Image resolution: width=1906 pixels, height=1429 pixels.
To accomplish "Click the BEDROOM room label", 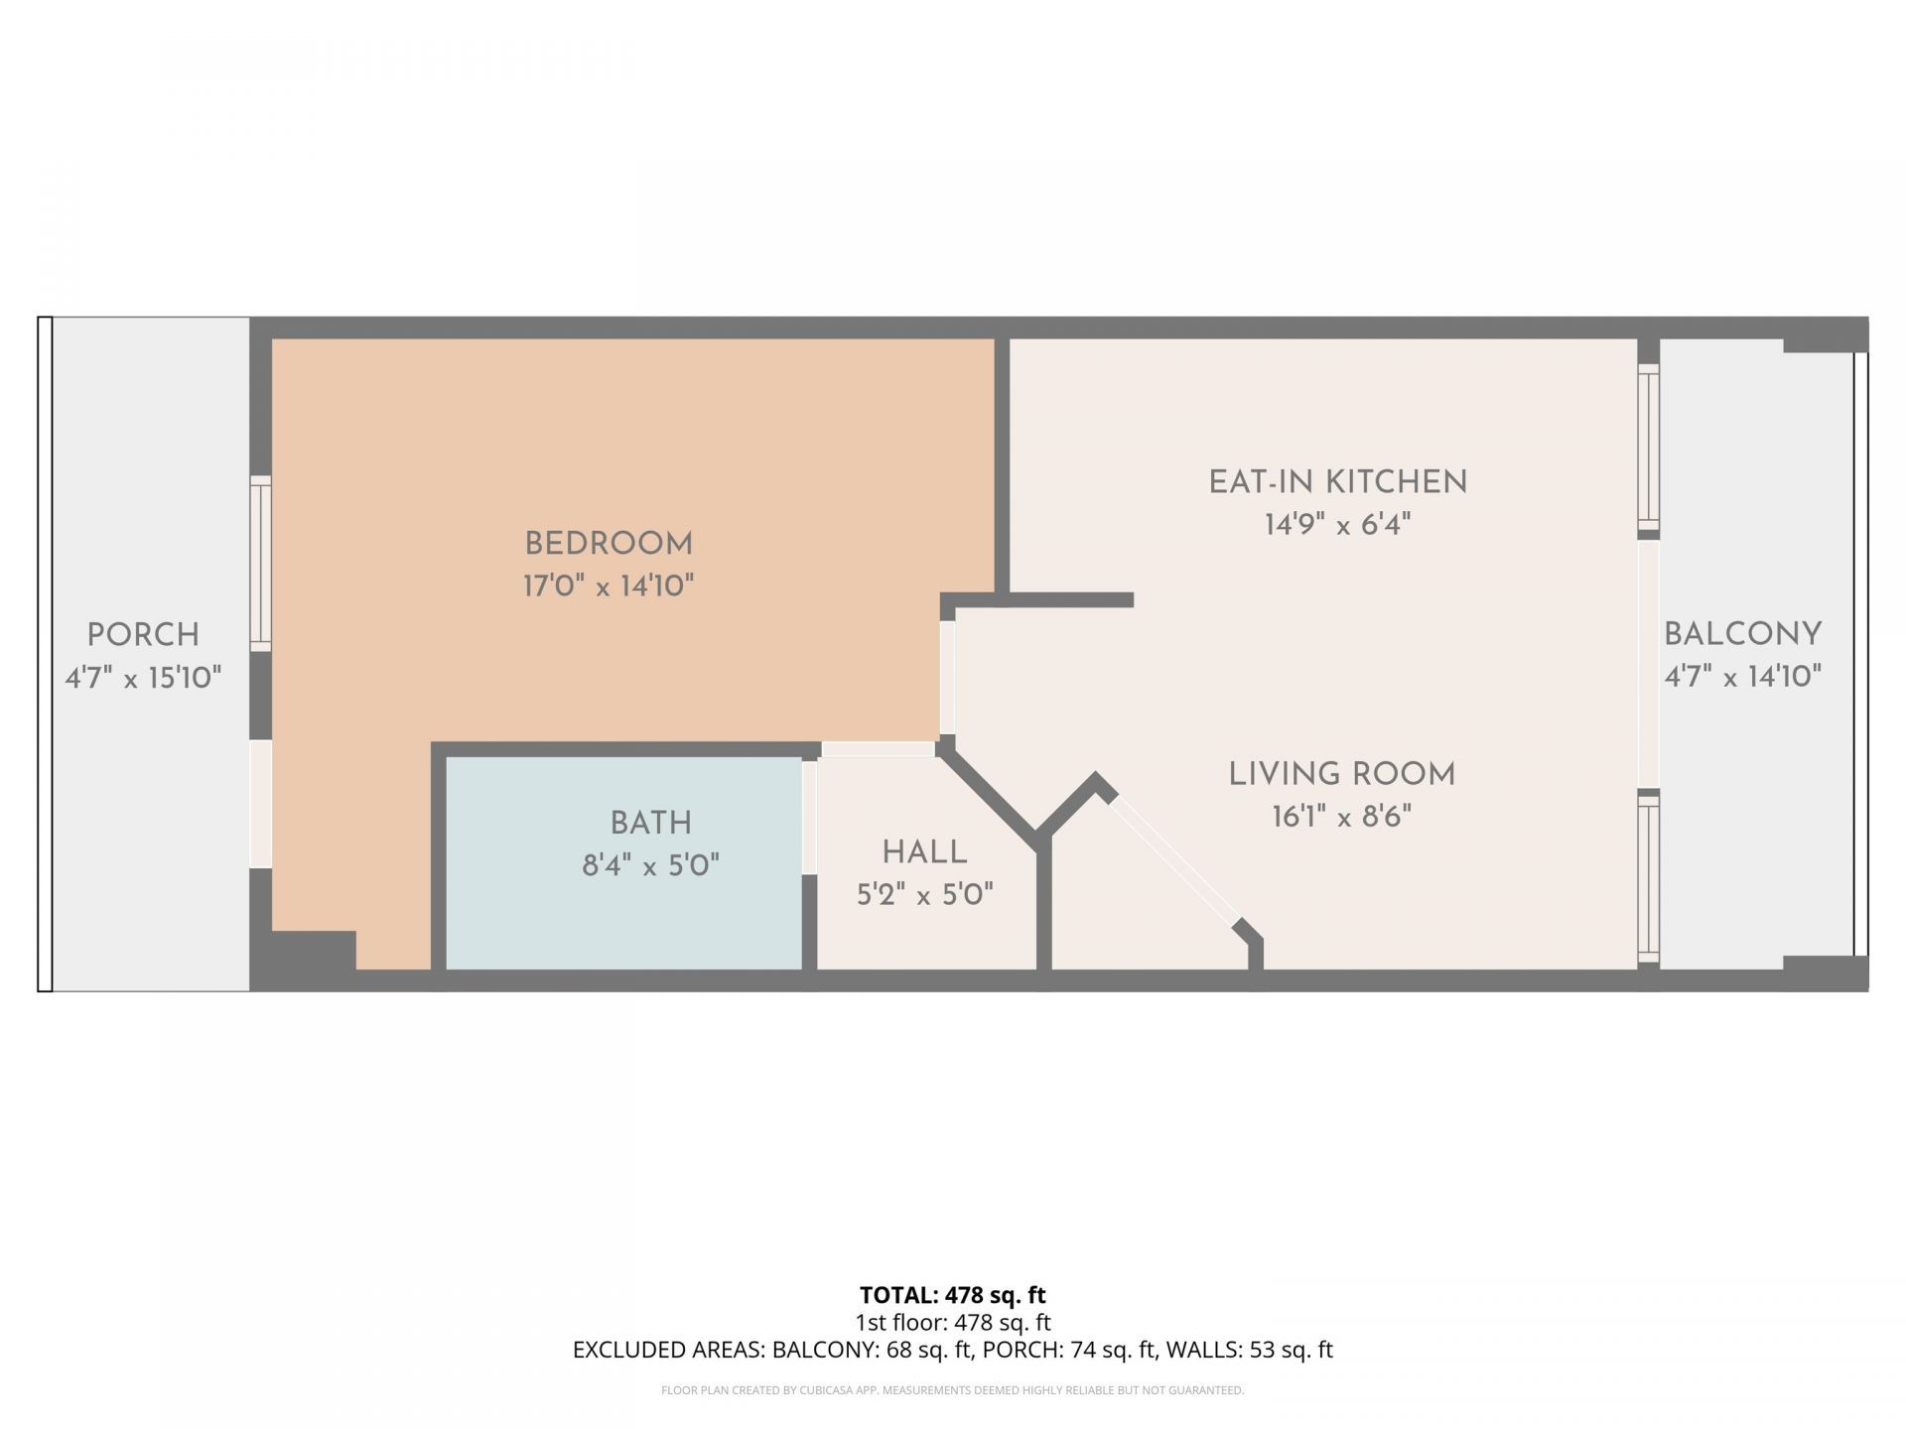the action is [x=609, y=544].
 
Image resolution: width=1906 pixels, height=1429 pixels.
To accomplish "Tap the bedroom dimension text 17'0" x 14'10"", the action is [x=609, y=585].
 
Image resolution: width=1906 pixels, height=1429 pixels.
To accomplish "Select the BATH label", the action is [x=651, y=823].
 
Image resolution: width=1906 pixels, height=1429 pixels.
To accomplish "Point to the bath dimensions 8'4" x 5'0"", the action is [x=651, y=865].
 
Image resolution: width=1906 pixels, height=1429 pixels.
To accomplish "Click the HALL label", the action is [x=925, y=852].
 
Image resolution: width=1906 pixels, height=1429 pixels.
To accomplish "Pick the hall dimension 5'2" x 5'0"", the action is [x=925, y=895].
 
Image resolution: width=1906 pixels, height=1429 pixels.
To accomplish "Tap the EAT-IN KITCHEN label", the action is [x=1338, y=482].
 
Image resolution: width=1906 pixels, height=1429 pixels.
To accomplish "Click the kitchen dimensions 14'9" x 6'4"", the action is [x=1338, y=524].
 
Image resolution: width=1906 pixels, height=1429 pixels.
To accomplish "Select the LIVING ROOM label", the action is [x=1342, y=774].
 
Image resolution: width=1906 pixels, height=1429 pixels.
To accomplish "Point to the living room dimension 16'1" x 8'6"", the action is [x=1342, y=817].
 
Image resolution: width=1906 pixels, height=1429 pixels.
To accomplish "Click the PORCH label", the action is [x=143, y=635].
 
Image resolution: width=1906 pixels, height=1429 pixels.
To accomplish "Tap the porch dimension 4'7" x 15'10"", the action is [x=143, y=678].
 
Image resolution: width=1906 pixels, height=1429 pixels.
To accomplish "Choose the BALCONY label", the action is [x=1743, y=634].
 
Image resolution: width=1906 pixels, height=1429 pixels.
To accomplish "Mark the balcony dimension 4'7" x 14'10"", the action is [x=1743, y=677].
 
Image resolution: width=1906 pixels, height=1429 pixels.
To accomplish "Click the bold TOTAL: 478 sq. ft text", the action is [x=953, y=1295].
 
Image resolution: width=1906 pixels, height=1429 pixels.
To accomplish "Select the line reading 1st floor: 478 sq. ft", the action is [x=953, y=1322].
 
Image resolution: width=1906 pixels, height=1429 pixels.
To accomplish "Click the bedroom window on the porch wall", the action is [x=260, y=564].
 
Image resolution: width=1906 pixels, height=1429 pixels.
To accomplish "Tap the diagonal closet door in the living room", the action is [x=1175, y=859].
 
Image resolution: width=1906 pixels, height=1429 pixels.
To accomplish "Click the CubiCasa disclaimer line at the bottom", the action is [x=953, y=1390].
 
